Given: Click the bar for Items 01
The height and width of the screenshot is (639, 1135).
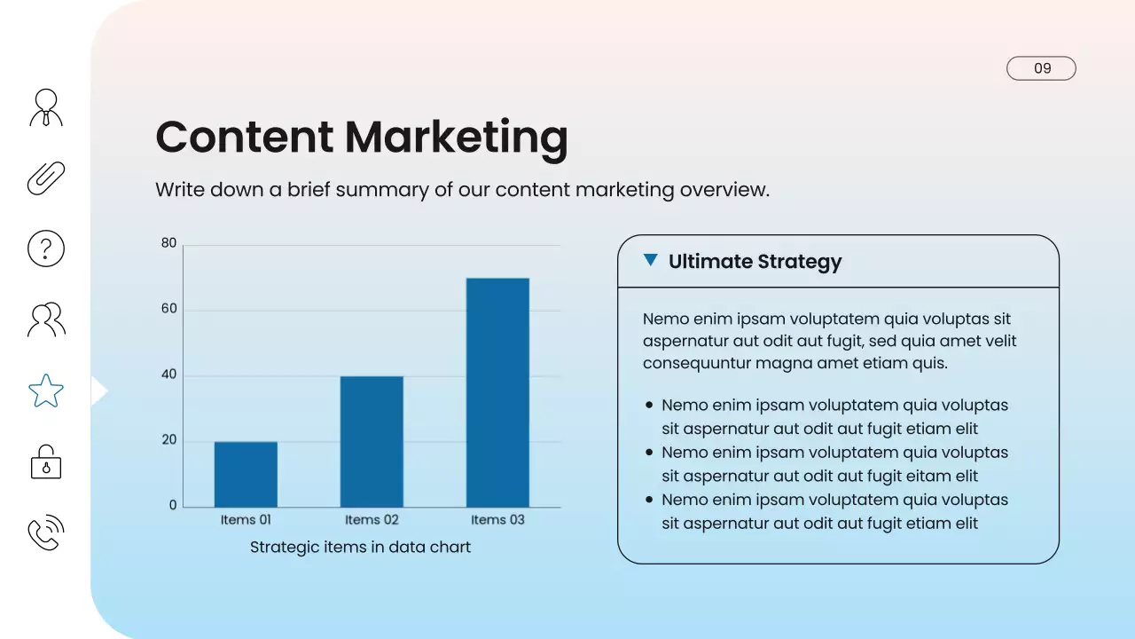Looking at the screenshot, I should pos(246,474).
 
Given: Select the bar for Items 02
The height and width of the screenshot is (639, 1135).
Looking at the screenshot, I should pos(372,441).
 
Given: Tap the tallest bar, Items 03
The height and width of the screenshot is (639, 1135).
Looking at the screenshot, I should pos(497,392).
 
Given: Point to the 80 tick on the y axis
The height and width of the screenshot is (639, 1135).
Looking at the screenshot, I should pos(168,243).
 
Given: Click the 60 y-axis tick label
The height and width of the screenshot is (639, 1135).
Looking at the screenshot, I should pos(168,309).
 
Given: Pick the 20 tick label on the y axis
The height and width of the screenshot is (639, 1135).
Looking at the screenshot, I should pos(168,440).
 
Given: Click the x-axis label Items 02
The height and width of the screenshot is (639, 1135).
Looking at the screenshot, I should pos(372,520).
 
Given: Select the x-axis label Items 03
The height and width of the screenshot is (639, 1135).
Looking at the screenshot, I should pos(497,520).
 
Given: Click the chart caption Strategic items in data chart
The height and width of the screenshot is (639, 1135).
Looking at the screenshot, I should pos(360,547).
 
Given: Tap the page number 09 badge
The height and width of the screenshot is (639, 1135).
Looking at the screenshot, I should pos(1041,68).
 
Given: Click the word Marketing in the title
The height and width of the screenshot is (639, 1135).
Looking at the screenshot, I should pos(456,137).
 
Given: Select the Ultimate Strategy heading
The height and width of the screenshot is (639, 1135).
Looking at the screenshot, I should pos(755,262).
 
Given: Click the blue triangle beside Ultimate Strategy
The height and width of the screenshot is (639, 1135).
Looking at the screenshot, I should pos(651,260).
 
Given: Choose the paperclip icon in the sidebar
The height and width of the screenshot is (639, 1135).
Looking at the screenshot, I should pos(46,178).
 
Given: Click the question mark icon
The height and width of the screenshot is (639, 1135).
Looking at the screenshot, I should pos(46,248).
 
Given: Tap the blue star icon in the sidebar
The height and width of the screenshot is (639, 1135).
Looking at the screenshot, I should pos(46,390).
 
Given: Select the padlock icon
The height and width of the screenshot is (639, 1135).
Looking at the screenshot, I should pos(46,462).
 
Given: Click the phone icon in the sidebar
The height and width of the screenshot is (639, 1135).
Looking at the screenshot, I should pos(46,532).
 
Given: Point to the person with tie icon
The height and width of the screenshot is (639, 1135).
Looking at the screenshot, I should pos(46,107).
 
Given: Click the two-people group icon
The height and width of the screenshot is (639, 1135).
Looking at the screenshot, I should pos(46,319).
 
